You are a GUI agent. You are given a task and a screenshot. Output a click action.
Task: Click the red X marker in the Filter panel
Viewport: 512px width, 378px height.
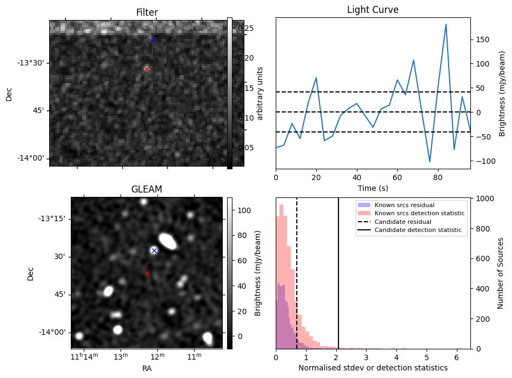point(147,69)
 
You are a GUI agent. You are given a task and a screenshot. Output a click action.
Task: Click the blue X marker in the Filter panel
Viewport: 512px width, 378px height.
point(154,39)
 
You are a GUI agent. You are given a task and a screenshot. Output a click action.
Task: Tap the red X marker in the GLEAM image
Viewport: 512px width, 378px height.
point(147,273)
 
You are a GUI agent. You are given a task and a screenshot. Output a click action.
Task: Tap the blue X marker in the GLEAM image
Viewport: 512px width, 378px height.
point(154,250)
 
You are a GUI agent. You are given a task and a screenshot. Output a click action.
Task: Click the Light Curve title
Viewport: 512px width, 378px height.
point(373,10)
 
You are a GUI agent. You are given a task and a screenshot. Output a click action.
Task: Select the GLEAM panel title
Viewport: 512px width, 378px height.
point(147,189)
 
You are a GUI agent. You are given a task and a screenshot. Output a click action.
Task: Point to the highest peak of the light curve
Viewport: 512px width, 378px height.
point(446,24)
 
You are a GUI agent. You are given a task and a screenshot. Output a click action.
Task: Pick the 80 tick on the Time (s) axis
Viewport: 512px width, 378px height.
point(438,178)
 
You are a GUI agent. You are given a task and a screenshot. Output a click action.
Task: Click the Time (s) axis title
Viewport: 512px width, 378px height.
point(373,188)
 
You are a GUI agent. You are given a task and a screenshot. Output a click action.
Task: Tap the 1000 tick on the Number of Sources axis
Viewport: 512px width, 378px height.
point(484,198)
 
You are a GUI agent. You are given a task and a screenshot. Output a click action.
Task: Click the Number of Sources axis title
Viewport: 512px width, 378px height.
point(501,273)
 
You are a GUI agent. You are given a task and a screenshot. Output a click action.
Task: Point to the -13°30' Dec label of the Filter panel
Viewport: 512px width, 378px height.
point(31,63)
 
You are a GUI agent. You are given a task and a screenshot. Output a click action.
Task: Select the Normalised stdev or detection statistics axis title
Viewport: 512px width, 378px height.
point(373,368)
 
